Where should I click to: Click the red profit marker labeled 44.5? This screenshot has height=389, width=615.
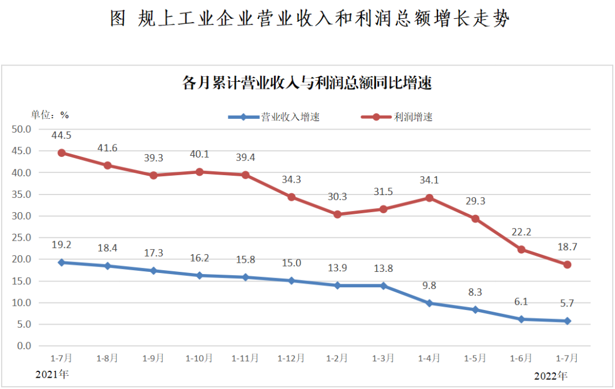(61, 153)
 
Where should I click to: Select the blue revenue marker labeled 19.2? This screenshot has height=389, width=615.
(61, 262)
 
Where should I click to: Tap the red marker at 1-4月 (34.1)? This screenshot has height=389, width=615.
(429, 198)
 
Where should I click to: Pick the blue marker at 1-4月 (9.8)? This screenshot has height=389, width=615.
(429, 303)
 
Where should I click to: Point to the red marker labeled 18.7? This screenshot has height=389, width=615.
(567, 264)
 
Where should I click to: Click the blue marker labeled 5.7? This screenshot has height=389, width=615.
(567, 321)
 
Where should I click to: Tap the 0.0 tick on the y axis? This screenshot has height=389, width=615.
(23, 346)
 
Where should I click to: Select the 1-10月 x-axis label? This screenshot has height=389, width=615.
(199, 358)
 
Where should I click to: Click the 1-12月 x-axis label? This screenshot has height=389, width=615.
(291, 358)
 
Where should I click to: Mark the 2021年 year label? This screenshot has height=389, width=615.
(52, 375)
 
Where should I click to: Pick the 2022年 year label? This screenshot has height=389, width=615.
(551, 376)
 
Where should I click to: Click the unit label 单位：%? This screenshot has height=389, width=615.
(50, 115)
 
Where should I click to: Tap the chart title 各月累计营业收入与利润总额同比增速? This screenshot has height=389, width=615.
(307, 84)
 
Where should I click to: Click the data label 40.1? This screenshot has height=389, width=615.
(199, 155)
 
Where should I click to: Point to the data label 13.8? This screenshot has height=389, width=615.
(383, 268)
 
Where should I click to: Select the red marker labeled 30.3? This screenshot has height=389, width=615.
(337, 214)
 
